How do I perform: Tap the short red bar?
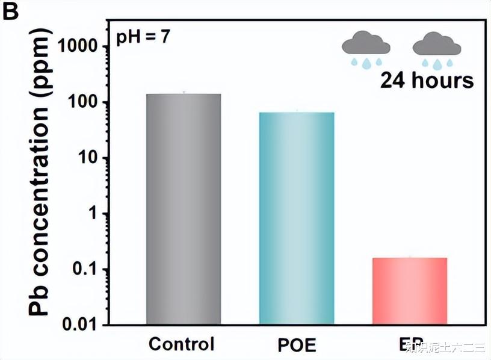click(x=410, y=291)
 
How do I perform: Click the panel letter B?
click(x=12, y=11)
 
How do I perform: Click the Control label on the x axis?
click(x=181, y=344)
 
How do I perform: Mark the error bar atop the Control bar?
click(x=184, y=92)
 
